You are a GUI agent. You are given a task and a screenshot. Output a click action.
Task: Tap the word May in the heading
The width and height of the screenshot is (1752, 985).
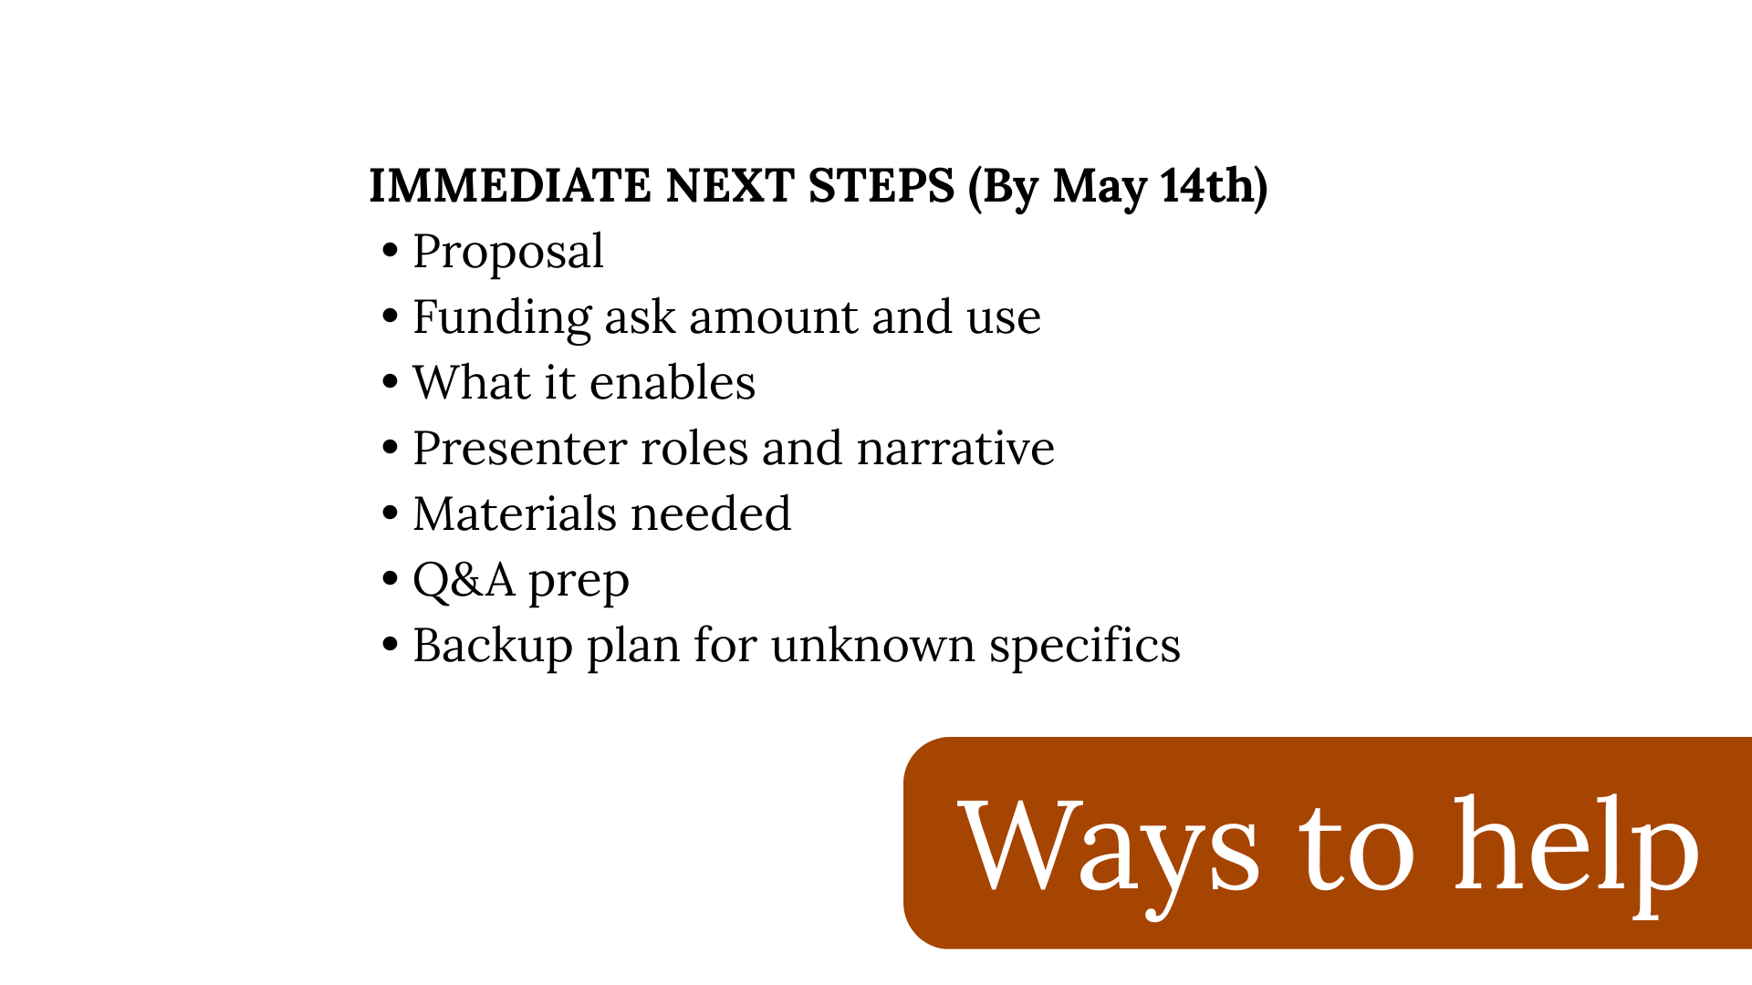coord(1100,187)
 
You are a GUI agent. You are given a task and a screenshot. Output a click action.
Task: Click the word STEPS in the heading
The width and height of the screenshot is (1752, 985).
coord(881,186)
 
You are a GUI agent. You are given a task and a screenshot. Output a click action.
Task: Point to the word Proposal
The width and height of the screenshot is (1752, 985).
coord(507,253)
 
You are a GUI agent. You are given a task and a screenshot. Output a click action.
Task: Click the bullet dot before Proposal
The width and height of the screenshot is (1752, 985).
coord(391,251)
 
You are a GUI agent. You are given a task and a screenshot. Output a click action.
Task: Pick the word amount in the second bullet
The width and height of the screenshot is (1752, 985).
coord(774,317)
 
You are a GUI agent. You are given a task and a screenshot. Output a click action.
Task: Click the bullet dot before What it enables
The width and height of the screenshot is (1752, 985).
coord(391,382)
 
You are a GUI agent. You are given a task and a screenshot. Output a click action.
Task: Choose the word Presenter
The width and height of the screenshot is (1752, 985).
coord(520,449)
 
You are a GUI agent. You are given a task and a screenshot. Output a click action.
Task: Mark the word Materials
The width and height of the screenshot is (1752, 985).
coord(515,514)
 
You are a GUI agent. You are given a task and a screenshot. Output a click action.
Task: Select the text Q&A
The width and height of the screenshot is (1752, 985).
coord(464,581)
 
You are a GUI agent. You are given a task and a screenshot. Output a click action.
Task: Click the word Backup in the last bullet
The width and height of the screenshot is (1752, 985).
coord(493,647)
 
